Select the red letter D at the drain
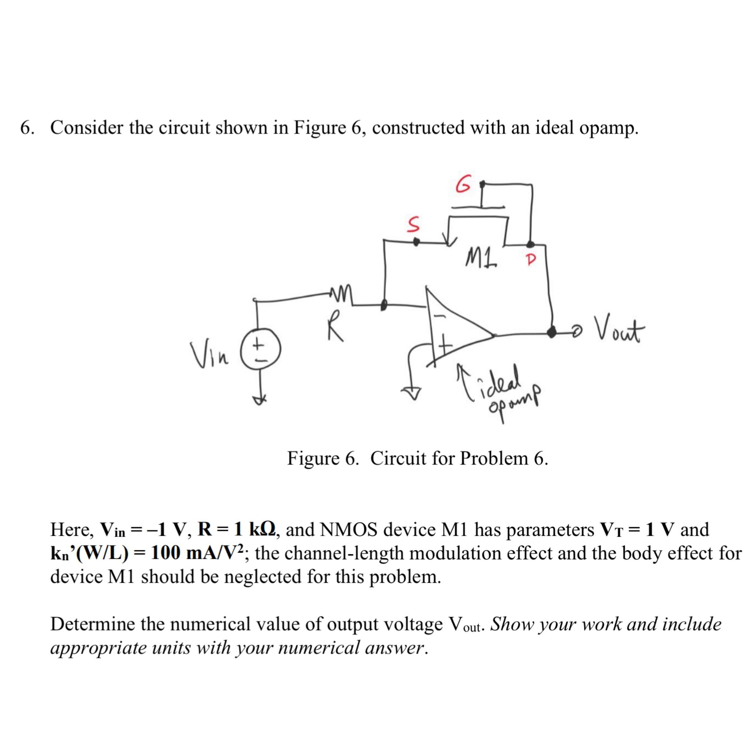point(530,260)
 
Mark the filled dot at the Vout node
point(552,333)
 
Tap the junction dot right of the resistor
point(384,305)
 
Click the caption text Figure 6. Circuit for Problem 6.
point(418,458)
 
